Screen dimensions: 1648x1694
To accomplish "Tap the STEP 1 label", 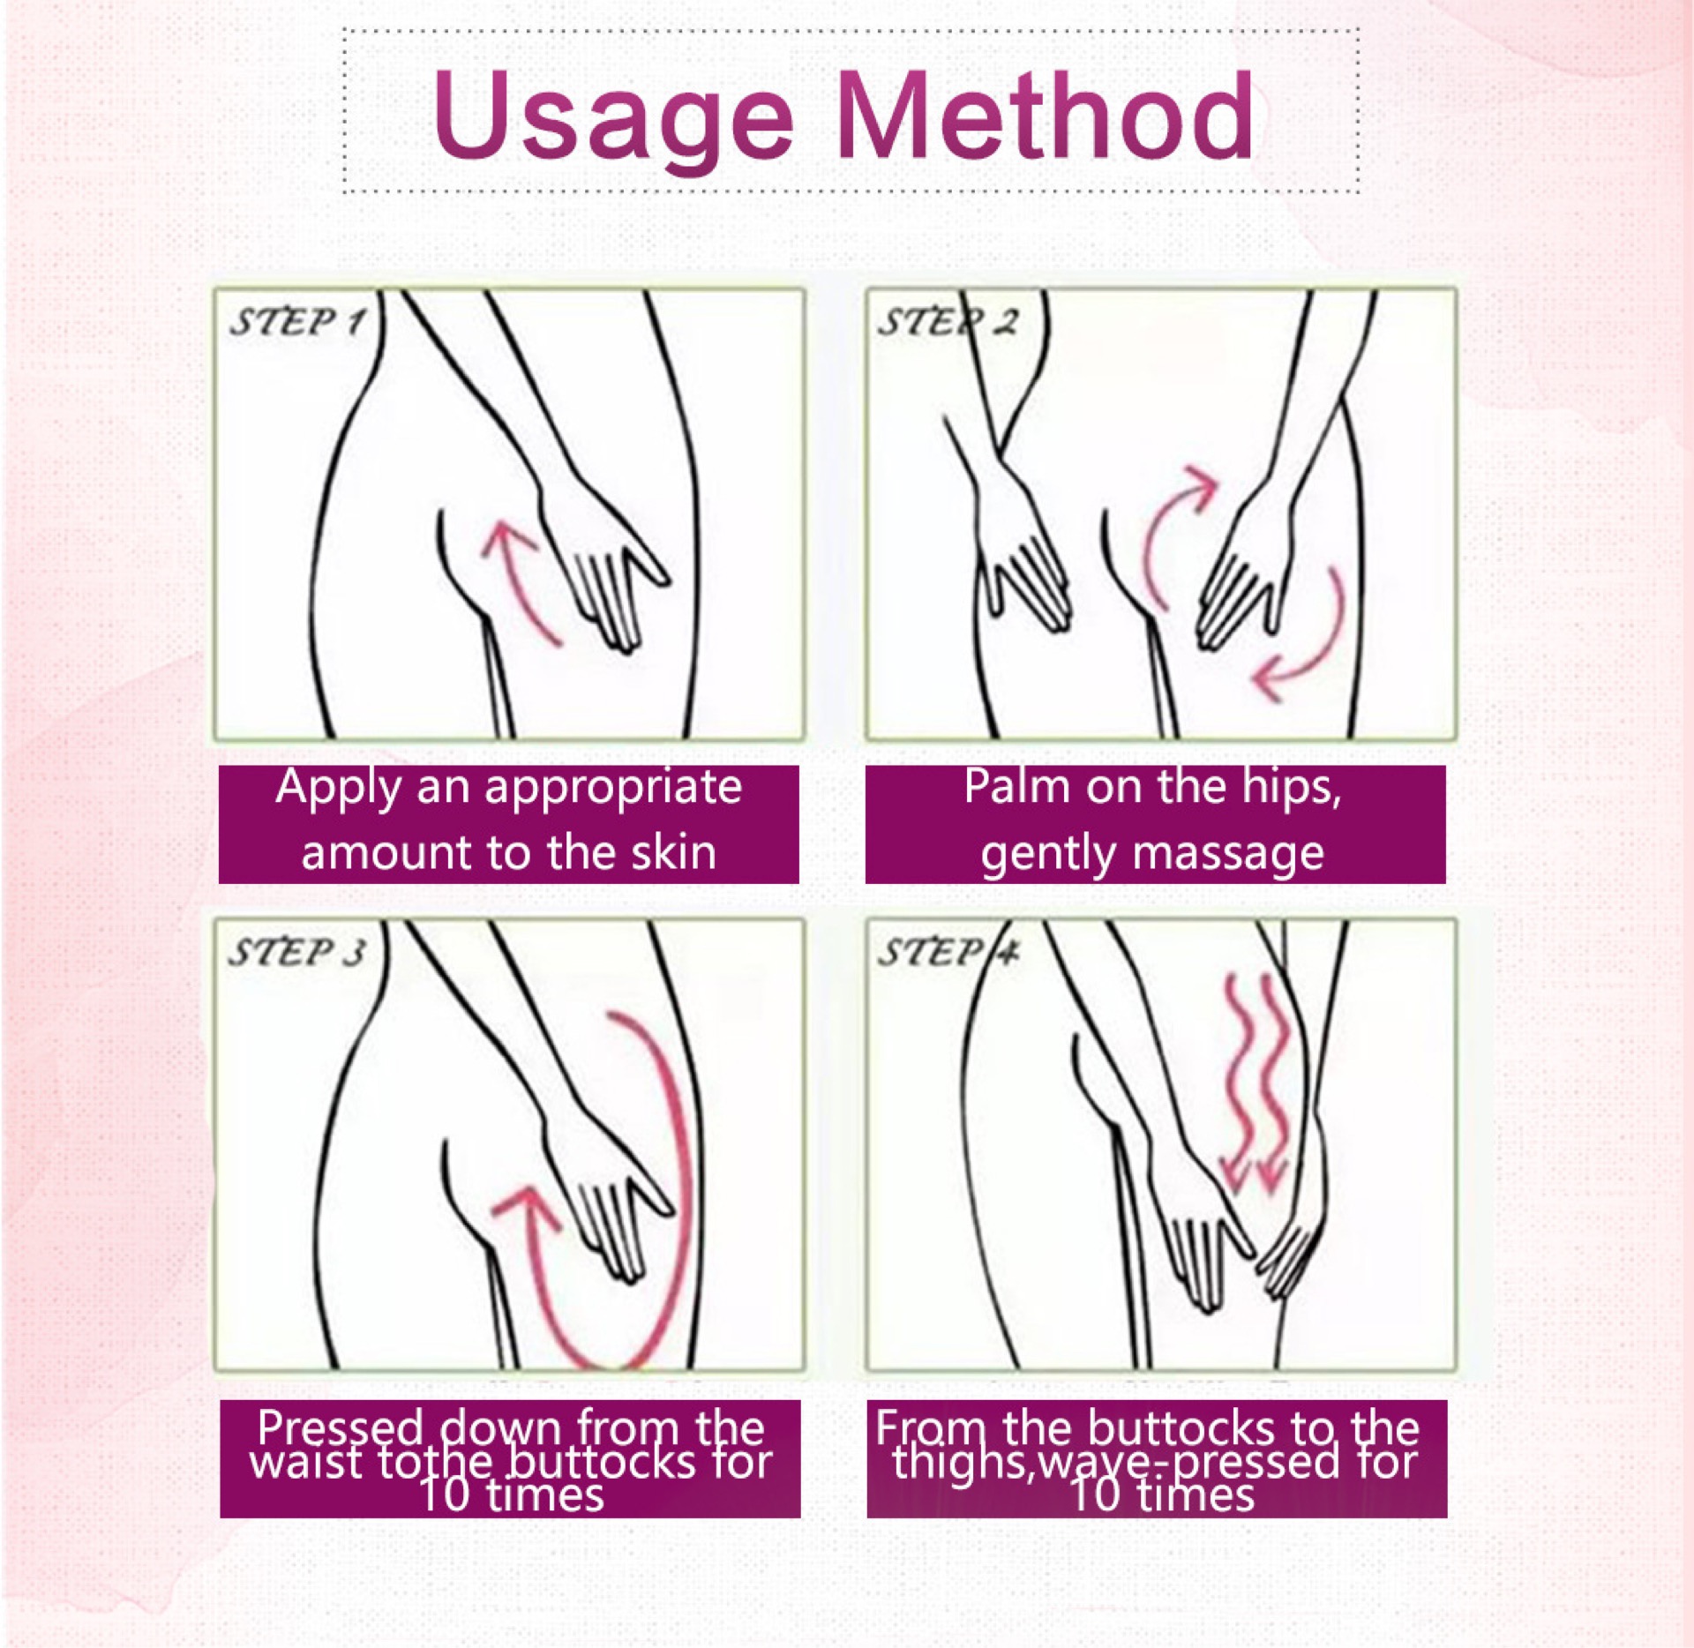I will click(296, 322).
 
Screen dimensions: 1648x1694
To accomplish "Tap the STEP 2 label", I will click(947, 322).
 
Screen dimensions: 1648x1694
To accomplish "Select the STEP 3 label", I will click(296, 953).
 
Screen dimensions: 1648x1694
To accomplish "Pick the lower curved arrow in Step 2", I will click(1306, 644).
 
